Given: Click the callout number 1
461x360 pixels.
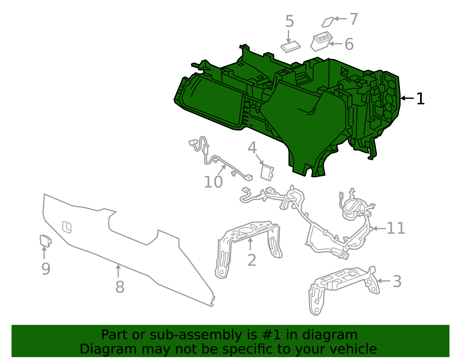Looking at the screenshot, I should [x=420, y=99].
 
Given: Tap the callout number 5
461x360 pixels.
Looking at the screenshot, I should [x=289, y=22].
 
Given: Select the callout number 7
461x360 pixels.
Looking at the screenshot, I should [x=354, y=19].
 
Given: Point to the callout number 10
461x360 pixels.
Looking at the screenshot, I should [x=213, y=182].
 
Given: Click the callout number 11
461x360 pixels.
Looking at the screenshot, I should [x=396, y=229].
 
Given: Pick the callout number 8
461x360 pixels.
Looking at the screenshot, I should [x=120, y=287].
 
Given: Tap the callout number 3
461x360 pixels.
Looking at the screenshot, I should [x=397, y=281].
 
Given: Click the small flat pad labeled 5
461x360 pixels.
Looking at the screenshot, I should [x=290, y=47].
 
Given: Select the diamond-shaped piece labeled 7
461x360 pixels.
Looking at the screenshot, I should [x=328, y=22].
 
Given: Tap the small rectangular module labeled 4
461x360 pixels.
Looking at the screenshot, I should [x=267, y=173].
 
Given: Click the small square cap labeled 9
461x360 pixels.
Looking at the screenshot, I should [x=45, y=241].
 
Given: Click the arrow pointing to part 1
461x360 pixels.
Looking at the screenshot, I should [x=407, y=98].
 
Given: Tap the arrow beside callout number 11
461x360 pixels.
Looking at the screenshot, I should [x=379, y=229].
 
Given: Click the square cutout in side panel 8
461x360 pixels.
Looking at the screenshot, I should [x=67, y=227].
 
